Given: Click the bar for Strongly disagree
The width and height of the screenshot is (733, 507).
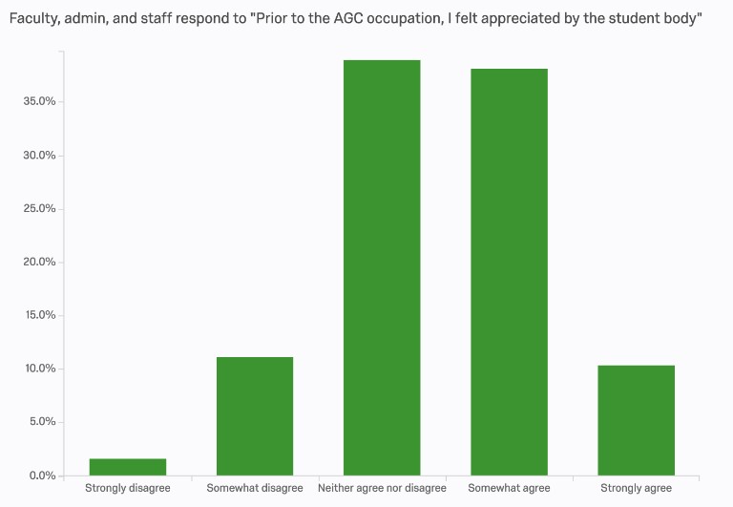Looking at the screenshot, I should (127, 467).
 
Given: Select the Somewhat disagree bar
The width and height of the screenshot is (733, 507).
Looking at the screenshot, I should (255, 416).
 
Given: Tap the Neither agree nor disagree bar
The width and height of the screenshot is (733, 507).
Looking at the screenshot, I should (382, 267).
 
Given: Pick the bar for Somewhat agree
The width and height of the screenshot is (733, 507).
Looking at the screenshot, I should (510, 272).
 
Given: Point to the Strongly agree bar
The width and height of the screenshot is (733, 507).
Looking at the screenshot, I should (637, 420).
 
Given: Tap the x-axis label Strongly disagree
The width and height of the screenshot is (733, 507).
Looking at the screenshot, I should (127, 489).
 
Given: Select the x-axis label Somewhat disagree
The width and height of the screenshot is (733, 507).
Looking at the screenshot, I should (255, 489).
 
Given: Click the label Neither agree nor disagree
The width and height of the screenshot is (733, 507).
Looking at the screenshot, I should (382, 489).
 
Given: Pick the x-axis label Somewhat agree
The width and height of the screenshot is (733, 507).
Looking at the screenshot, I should (510, 489).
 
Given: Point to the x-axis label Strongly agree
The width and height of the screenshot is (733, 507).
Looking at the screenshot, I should (637, 489).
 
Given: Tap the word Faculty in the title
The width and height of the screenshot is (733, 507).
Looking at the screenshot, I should (34, 20).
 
